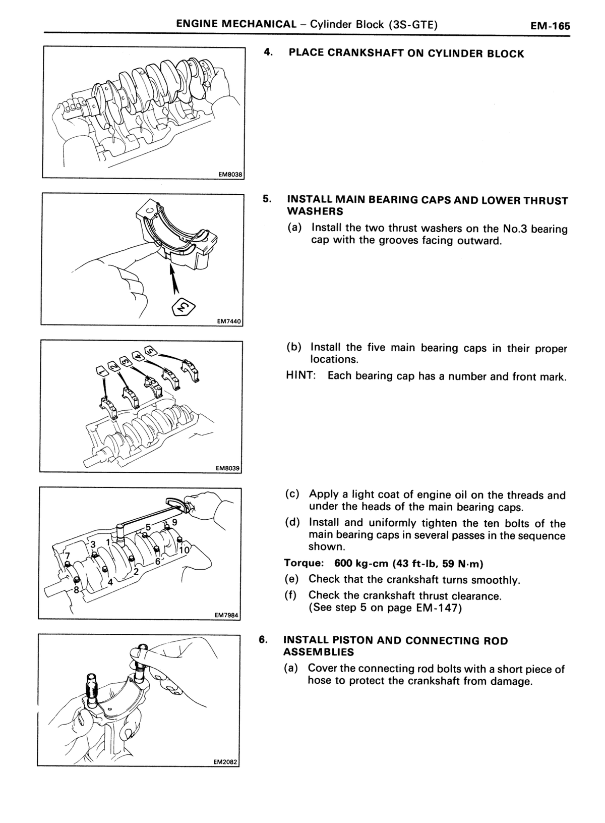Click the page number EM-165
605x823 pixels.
550,26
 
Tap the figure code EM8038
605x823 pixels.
230,175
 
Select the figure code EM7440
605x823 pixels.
229,321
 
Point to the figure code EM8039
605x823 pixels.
227,468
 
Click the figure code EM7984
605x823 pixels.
226,615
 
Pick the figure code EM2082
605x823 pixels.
225,762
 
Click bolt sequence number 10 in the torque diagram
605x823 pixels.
185,550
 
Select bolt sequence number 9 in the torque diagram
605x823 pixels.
175,522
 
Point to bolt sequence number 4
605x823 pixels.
110,583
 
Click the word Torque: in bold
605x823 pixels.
304,563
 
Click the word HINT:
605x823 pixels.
301,375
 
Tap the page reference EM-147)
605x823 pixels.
439,608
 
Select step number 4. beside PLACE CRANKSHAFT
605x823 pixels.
268,52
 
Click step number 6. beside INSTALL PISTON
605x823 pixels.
263,640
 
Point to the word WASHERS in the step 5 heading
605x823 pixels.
315,211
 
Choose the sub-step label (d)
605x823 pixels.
292,522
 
